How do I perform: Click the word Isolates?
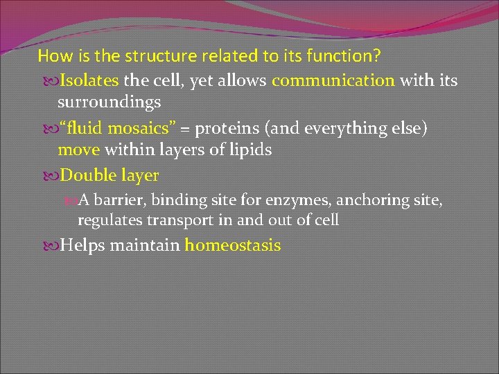(x=89, y=80)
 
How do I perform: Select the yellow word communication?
(x=333, y=80)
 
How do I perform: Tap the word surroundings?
(x=110, y=103)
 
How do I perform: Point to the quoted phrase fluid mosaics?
(x=118, y=128)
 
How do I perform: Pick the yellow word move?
(x=78, y=150)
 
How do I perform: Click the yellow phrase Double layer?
(x=110, y=176)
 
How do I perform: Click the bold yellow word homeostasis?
(x=232, y=245)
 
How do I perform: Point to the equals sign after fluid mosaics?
(x=186, y=129)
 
